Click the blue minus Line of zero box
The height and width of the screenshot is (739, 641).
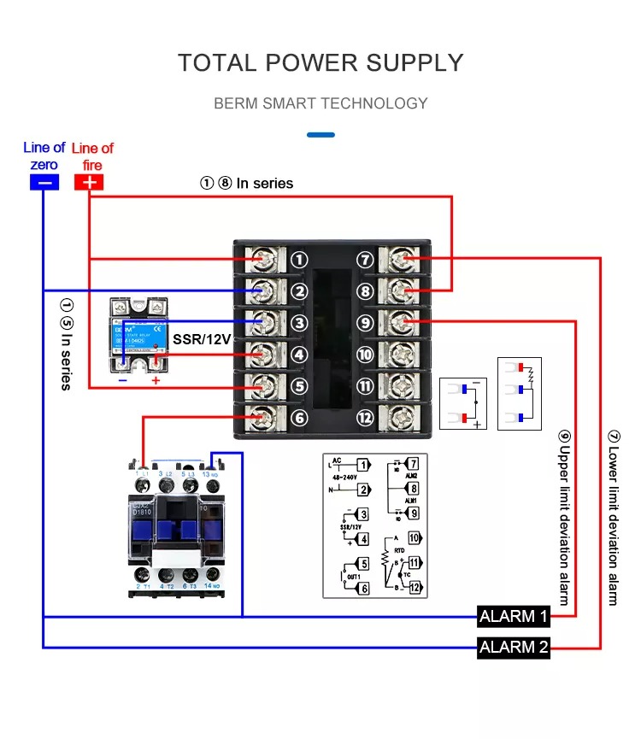pyautogui.click(x=44, y=182)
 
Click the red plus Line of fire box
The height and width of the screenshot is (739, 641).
pyautogui.click(x=89, y=182)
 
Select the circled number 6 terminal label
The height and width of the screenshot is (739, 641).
pyautogui.click(x=298, y=418)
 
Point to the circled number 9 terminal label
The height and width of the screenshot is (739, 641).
pyautogui.click(x=366, y=323)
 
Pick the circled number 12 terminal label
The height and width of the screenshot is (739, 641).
pyautogui.click(x=366, y=418)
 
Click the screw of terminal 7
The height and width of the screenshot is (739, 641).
pyautogui.click(x=404, y=259)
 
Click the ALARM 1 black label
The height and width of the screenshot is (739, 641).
pyautogui.click(x=513, y=616)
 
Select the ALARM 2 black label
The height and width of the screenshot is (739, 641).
pyautogui.click(x=513, y=647)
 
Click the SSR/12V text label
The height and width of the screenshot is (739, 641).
pyautogui.click(x=202, y=339)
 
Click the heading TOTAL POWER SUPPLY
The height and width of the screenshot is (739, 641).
pyautogui.click(x=320, y=62)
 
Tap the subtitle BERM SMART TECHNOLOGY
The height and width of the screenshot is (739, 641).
pyautogui.click(x=320, y=103)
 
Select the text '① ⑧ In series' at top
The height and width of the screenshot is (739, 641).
pyautogui.click(x=246, y=183)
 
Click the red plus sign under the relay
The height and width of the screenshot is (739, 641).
pyautogui.click(x=156, y=380)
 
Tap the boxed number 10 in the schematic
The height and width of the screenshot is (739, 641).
pyautogui.click(x=415, y=538)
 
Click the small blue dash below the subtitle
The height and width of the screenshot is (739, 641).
pyautogui.click(x=320, y=134)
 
